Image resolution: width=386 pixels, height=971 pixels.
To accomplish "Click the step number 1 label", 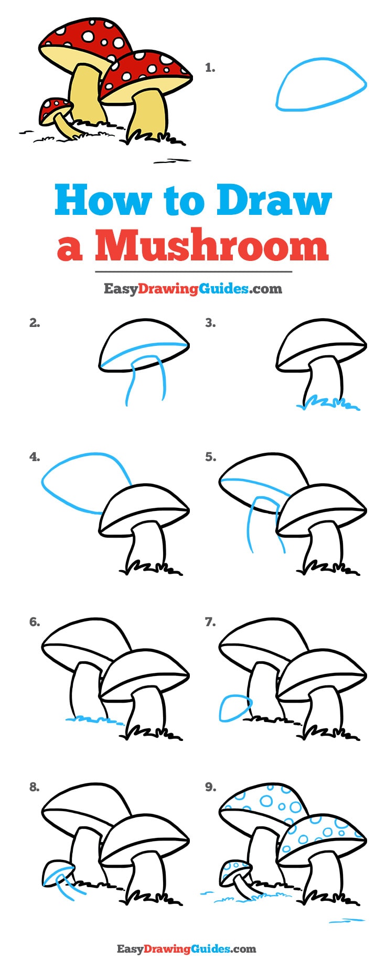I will pyautogui.click(x=210, y=68).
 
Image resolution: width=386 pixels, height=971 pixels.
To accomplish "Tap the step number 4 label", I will pyautogui.click(x=34, y=457).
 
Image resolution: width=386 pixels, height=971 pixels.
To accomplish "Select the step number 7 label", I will pyautogui.click(x=210, y=622).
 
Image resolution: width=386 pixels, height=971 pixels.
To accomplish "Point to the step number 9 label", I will pyautogui.click(x=210, y=787).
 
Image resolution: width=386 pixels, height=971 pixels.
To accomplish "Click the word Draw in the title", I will pyautogui.click(x=274, y=201).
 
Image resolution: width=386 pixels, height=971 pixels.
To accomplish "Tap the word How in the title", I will pyautogui.click(x=103, y=201).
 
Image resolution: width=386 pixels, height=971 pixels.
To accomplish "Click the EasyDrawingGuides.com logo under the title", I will pyautogui.click(x=192, y=288).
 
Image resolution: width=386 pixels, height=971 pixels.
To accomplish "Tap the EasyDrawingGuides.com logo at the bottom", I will pyautogui.click(x=186, y=948).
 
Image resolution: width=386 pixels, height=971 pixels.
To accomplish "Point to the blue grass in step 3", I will pyautogui.click(x=328, y=403).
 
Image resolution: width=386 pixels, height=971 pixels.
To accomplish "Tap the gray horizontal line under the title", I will pyautogui.click(x=193, y=272).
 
